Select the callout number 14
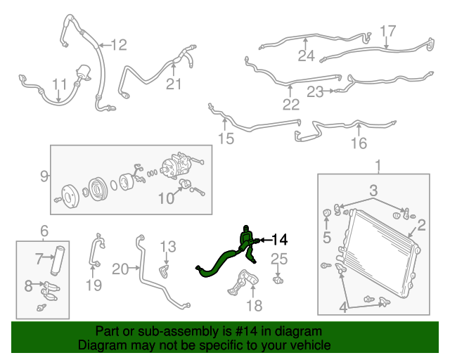pyautogui.click(x=279, y=240)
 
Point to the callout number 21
pyautogui.click(x=174, y=85)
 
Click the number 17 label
pyautogui.click(x=388, y=31)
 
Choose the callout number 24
pyautogui.click(x=306, y=56)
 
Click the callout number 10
pyautogui.click(x=165, y=199)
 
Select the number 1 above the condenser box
pyautogui.click(x=378, y=166)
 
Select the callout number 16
pyautogui.click(x=359, y=144)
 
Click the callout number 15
pyautogui.click(x=225, y=139)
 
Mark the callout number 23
pyautogui.click(x=314, y=91)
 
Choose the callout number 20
pyautogui.click(x=121, y=268)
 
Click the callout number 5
pyautogui.click(x=327, y=237)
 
